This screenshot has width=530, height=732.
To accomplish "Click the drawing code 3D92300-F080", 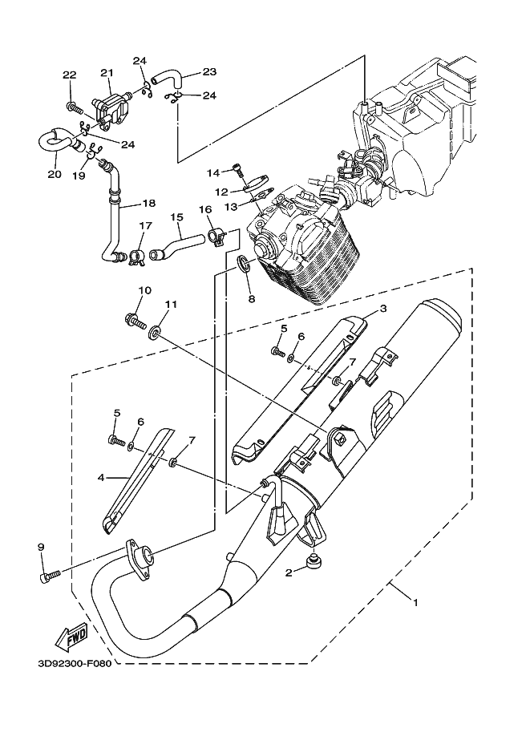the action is click(75, 664).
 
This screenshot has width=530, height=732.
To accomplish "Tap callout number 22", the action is click(69, 75).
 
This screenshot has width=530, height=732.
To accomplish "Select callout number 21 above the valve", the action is click(107, 73).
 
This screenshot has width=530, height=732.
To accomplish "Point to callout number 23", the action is click(209, 71).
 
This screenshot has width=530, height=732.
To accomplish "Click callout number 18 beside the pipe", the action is click(149, 203).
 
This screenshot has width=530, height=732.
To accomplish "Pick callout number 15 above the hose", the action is click(177, 217).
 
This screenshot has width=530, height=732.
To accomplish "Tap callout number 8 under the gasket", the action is click(252, 299).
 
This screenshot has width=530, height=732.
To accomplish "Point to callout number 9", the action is click(41, 546).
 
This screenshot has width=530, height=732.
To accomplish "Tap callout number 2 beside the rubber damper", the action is click(289, 572).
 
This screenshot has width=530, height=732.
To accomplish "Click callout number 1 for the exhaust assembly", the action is click(415, 602).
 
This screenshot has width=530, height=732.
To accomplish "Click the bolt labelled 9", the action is click(50, 575).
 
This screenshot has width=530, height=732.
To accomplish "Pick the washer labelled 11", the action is click(155, 334).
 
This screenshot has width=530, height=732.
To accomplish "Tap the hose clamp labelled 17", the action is click(136, 257).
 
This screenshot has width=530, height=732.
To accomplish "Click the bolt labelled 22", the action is click(75, 107).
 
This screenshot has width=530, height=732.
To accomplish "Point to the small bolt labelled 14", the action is click(238, 170).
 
